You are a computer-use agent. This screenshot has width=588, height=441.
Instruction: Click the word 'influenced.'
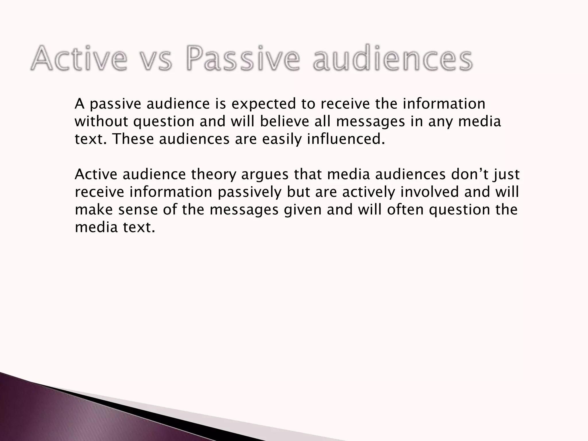pos(346,139)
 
